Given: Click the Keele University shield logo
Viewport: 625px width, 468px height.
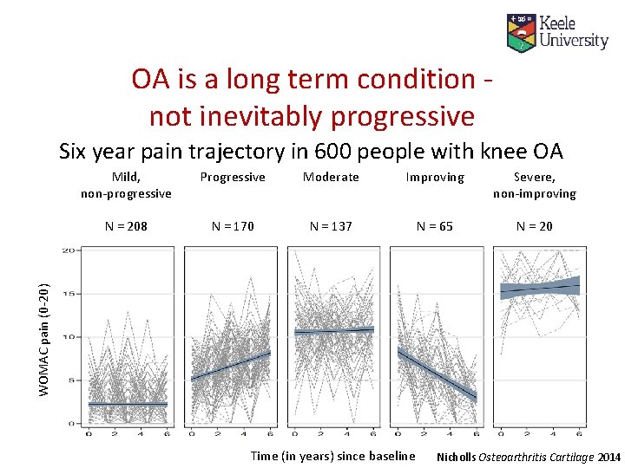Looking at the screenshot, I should tap(521, 32).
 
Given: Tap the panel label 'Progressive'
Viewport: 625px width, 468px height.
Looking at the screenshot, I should tap(233, 177).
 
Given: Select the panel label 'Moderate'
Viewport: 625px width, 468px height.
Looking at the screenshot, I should tap(331, 177).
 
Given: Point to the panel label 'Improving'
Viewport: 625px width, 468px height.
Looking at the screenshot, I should tap(435, 177).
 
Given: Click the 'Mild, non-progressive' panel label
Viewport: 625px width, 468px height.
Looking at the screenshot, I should tap(126, 185).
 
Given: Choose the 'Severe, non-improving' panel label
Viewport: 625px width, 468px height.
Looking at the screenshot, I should tap(534, 185).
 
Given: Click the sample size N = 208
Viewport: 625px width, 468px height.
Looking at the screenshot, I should tap(126, 226).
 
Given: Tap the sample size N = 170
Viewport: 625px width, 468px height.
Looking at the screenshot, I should tap(233, 226).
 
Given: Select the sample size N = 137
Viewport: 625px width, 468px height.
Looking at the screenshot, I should tap(331, 226).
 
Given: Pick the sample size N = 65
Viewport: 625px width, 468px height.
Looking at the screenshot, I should tap(434, 226).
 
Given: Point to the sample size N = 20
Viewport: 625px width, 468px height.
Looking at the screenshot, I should tap(534, 226).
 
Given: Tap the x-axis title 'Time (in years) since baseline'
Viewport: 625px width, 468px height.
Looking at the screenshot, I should tap(332, 456).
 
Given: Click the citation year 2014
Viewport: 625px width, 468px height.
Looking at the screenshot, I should tap(609, 456).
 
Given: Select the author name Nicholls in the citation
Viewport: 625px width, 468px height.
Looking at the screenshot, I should tap(458, 456).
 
